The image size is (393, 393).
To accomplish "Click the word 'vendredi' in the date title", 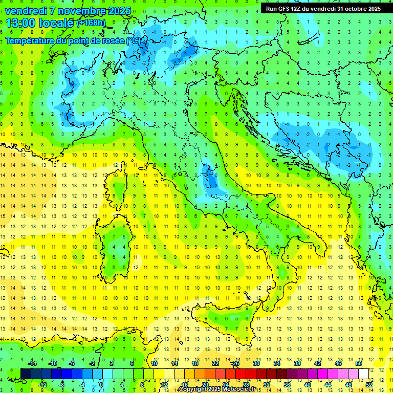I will point(26,11).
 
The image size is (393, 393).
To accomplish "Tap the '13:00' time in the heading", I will point(20,23).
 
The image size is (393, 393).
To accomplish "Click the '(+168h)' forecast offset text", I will point(91,23).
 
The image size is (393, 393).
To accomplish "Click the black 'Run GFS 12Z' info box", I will point(323,9).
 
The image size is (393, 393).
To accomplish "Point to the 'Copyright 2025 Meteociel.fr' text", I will point(217,389).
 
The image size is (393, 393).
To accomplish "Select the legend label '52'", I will point(369,385).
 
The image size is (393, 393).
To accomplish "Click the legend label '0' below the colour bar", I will point(101,385).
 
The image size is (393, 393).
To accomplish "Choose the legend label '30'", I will point(256,363).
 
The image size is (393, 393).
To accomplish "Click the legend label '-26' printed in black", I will point(235,363).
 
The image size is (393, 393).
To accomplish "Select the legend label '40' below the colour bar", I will point(307,385).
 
